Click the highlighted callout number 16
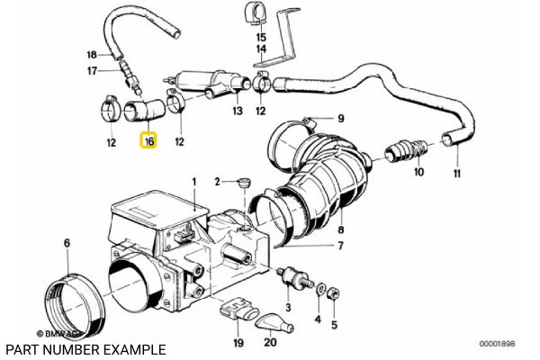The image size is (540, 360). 148,141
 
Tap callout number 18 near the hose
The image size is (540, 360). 92,54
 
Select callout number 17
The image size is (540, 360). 92,71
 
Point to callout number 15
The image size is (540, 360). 261,38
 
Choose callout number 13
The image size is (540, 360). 238,112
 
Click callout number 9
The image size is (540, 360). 341,119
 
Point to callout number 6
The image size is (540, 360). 66,243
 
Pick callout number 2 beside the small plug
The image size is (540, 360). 218,182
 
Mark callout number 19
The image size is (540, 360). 238,342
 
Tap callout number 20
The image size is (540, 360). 270,342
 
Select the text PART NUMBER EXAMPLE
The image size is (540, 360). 85,348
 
